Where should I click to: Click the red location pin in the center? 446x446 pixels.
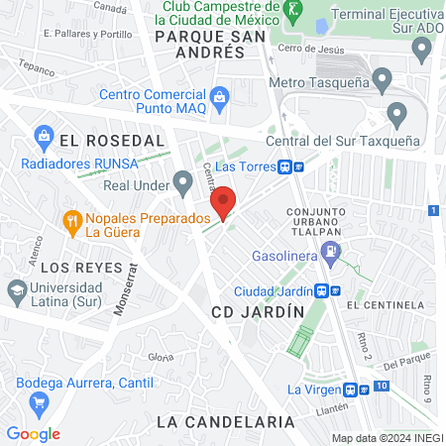pyautogui.click(x=223, y=202)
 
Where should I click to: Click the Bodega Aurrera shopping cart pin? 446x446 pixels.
pyautogui.click(x=40, y=401)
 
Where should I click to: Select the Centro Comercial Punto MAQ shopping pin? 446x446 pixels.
pyautogui.click(x=219, y=96)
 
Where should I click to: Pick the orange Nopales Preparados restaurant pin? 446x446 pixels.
pyautogui.click(x=71, y=220)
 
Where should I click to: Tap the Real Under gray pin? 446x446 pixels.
pyautogui.click(x=181, y=181)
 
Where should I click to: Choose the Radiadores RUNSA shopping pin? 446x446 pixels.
pyautogui.click(x=43, y=134)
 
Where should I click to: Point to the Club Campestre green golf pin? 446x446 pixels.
pyautogui.click(x=291, y=12)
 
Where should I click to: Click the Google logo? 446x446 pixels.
pyautogui.click(x=34, y=433)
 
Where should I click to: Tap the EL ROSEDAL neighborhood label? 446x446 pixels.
pyautogui.click(x=111, y=142)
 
